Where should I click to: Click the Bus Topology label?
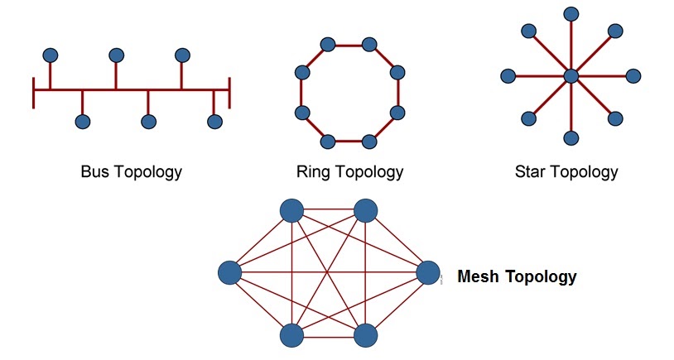(x=131, y=172)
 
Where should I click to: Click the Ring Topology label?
(x=349, y=172)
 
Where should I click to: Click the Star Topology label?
(x=566, y=172)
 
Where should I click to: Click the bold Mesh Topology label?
(x=517, y=276)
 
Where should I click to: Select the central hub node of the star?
(x=570, y=76)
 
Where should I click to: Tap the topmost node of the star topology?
(x=570, y=14)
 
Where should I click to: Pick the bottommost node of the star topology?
(x=570, y=137)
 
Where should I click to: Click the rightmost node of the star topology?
(x=633, y=76)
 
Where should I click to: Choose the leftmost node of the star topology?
(x=508, y=76)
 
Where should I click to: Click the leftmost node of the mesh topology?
(x=229, y=272)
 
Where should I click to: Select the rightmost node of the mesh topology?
(x=428, y=272)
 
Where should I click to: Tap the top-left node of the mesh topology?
(x=291, y=210)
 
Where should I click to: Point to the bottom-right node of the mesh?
(x=366, y=335)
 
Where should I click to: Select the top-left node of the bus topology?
(x=51, y=55)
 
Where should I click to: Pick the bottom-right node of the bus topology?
(x=214, y=122)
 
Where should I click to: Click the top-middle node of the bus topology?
(x=117, y=55)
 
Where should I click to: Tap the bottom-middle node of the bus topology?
(x=149, y=122)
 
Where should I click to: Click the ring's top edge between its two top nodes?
(x=349, y=45)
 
